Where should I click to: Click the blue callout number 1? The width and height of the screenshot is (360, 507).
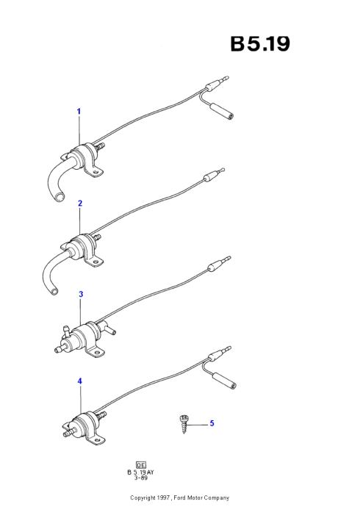tap(79, 112)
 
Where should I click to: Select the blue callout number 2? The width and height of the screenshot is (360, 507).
tap(80, 204)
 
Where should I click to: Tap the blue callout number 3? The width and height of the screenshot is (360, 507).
tap(81, 294)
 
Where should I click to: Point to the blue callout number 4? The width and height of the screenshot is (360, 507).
tap(80, 381)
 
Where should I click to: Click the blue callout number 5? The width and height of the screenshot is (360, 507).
tap(212, 423)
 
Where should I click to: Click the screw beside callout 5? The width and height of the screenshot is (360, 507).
tap(184, 424)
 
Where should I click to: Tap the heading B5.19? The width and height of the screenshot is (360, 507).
tap(260, 43)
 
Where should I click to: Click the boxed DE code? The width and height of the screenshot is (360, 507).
tap(141, 465)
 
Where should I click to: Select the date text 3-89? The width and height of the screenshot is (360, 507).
tap(141, 478)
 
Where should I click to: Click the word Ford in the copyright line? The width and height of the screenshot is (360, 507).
tap(180, 497)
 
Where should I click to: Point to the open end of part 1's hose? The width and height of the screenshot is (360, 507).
tap(60, 197)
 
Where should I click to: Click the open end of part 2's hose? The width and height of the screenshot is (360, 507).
tap(54, 291)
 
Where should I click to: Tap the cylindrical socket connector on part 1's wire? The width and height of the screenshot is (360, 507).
tap(222, 112)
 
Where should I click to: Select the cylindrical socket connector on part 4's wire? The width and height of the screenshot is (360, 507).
tap(224, 381)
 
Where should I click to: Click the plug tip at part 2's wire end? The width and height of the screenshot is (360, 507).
tap(221, 170)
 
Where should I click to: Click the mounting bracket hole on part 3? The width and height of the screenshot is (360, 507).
tap(96, 352)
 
